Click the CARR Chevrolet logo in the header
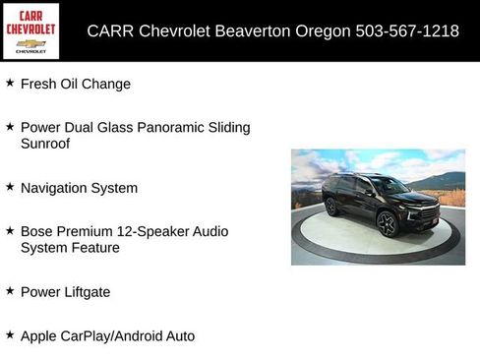point(30,30)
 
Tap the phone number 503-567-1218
point(406,30)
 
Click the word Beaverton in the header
point(255,30)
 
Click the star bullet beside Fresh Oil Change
point(10,84)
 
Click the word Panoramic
point(179,128)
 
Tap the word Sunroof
point(45,144)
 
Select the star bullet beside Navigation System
point(10,187)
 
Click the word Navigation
point(55,188)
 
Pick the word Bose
point(37,232)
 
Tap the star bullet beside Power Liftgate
point(10,291)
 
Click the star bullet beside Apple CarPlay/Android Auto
point(10,335)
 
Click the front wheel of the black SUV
point(387,224)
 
